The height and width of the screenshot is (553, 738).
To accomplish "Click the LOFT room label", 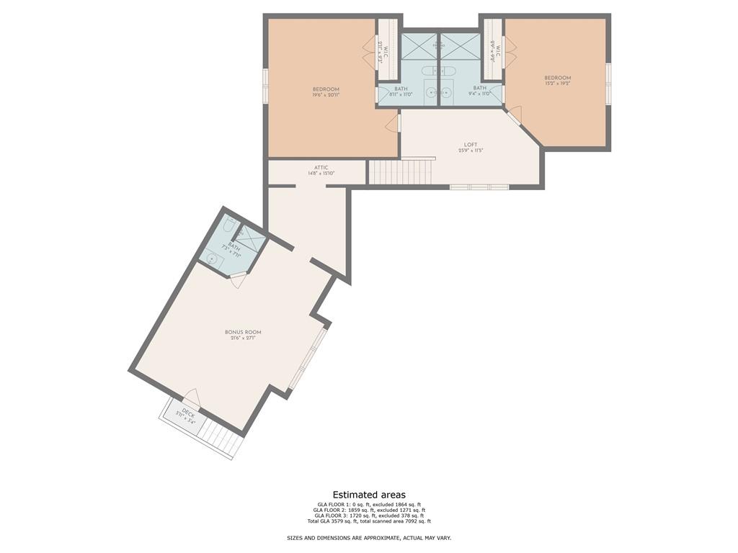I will tap(470, 145).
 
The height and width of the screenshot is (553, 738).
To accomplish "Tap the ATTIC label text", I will tap(321, 168).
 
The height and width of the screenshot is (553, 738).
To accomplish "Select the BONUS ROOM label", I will tap(242, 332).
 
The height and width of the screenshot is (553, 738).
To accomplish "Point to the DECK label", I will tap(187, 413).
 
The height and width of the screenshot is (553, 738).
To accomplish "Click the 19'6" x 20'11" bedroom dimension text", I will tap(326, 95).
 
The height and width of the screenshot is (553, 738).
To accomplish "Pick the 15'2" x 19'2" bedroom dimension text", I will tap(557, 84).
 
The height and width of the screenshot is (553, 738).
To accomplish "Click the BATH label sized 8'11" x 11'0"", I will tap(401, 89).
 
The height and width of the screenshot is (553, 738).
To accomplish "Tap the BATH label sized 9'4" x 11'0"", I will tap(479, 89).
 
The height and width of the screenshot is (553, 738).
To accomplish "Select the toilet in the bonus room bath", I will tap(226, 226).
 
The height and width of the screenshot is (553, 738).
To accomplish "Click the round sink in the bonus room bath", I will tap(212, 258).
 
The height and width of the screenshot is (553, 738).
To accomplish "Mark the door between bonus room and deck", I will tap(191, 396).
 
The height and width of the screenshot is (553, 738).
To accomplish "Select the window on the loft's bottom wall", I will tap(479, 187).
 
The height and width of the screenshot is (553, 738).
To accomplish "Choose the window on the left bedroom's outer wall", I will tap(265, 86).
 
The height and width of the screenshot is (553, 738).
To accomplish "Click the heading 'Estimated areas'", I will tap(369, 495).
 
